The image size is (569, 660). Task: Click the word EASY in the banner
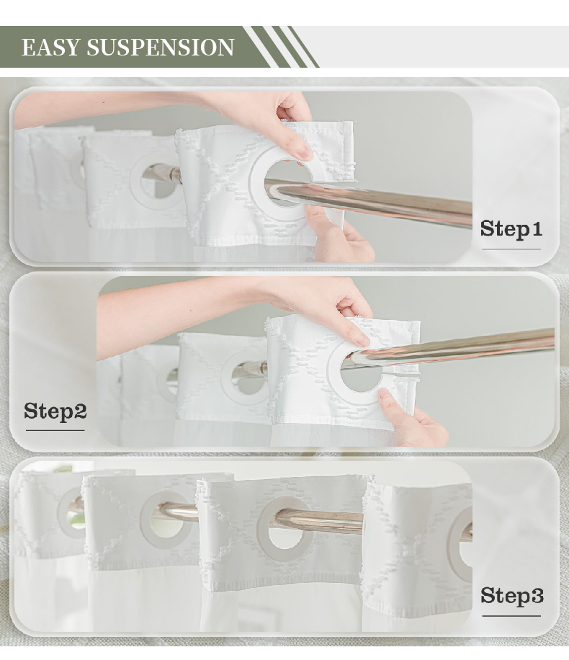tap(50, 47)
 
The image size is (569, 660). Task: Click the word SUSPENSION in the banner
tap(161, 47)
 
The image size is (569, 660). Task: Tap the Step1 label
tap(511, 229)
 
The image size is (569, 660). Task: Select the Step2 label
tap(55, 411)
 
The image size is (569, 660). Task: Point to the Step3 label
tap(512, 596)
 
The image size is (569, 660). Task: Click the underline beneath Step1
tap(511, 249)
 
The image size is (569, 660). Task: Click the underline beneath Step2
tap(55, 430)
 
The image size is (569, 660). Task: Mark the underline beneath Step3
tap(511, 616)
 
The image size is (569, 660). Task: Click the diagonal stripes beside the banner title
tap(281, 47)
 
